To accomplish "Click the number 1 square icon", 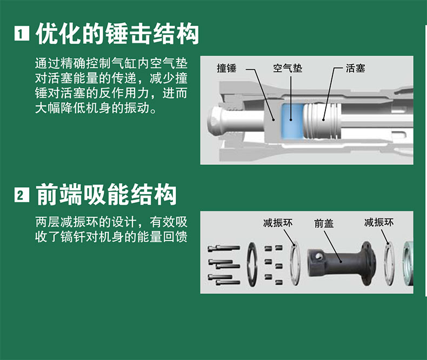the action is pos(22,34).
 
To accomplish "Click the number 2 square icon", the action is pos(22,195).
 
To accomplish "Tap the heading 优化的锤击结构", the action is pos(117,34).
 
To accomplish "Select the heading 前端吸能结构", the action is pos(106,195).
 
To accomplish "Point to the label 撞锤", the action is pos(226,68).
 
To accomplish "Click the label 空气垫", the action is pos(288,68).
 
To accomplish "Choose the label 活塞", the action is pos(355,68).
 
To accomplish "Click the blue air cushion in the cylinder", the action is pos(292,121).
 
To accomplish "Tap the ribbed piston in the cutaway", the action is pos(322,121).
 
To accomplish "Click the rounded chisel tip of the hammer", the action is pos(215,120).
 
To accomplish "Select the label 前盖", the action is pos(324,224).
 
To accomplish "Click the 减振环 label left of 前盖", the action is pos(278,223).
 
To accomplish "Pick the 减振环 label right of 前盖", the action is pos(379,222).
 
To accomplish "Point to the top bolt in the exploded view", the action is pos(224,248).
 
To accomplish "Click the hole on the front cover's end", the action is pos(317,256).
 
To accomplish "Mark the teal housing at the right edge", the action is pos(408,263).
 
